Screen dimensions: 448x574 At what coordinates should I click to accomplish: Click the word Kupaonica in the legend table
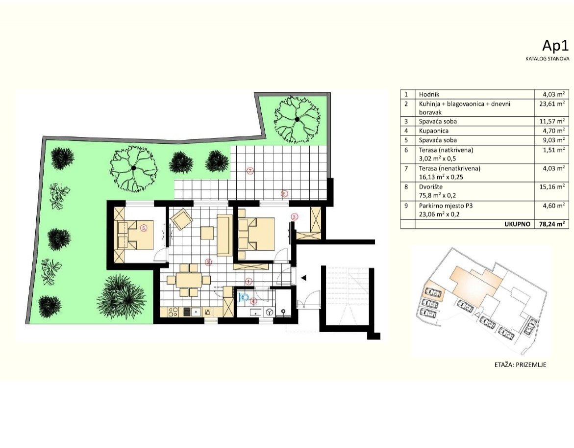click(433, 131)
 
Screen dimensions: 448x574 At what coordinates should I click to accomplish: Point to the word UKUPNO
click(518, 224)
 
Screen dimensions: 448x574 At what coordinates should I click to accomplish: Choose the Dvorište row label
click(431, 186)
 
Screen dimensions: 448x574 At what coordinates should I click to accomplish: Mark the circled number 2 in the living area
click(208, 263)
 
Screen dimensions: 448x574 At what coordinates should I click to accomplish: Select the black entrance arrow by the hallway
click(304, 278)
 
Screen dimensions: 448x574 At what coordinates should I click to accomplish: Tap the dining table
click(189, 281)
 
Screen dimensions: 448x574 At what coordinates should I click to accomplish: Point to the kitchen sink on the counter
click(195, 311)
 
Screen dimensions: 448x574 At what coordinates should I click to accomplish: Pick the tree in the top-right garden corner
click(297, 120)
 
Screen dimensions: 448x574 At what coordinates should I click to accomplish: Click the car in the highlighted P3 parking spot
click(434, 293)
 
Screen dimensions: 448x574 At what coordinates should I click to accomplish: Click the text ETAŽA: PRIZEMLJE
click(520, 365)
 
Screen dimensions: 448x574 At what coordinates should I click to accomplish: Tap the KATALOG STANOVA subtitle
click(548, 58)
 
